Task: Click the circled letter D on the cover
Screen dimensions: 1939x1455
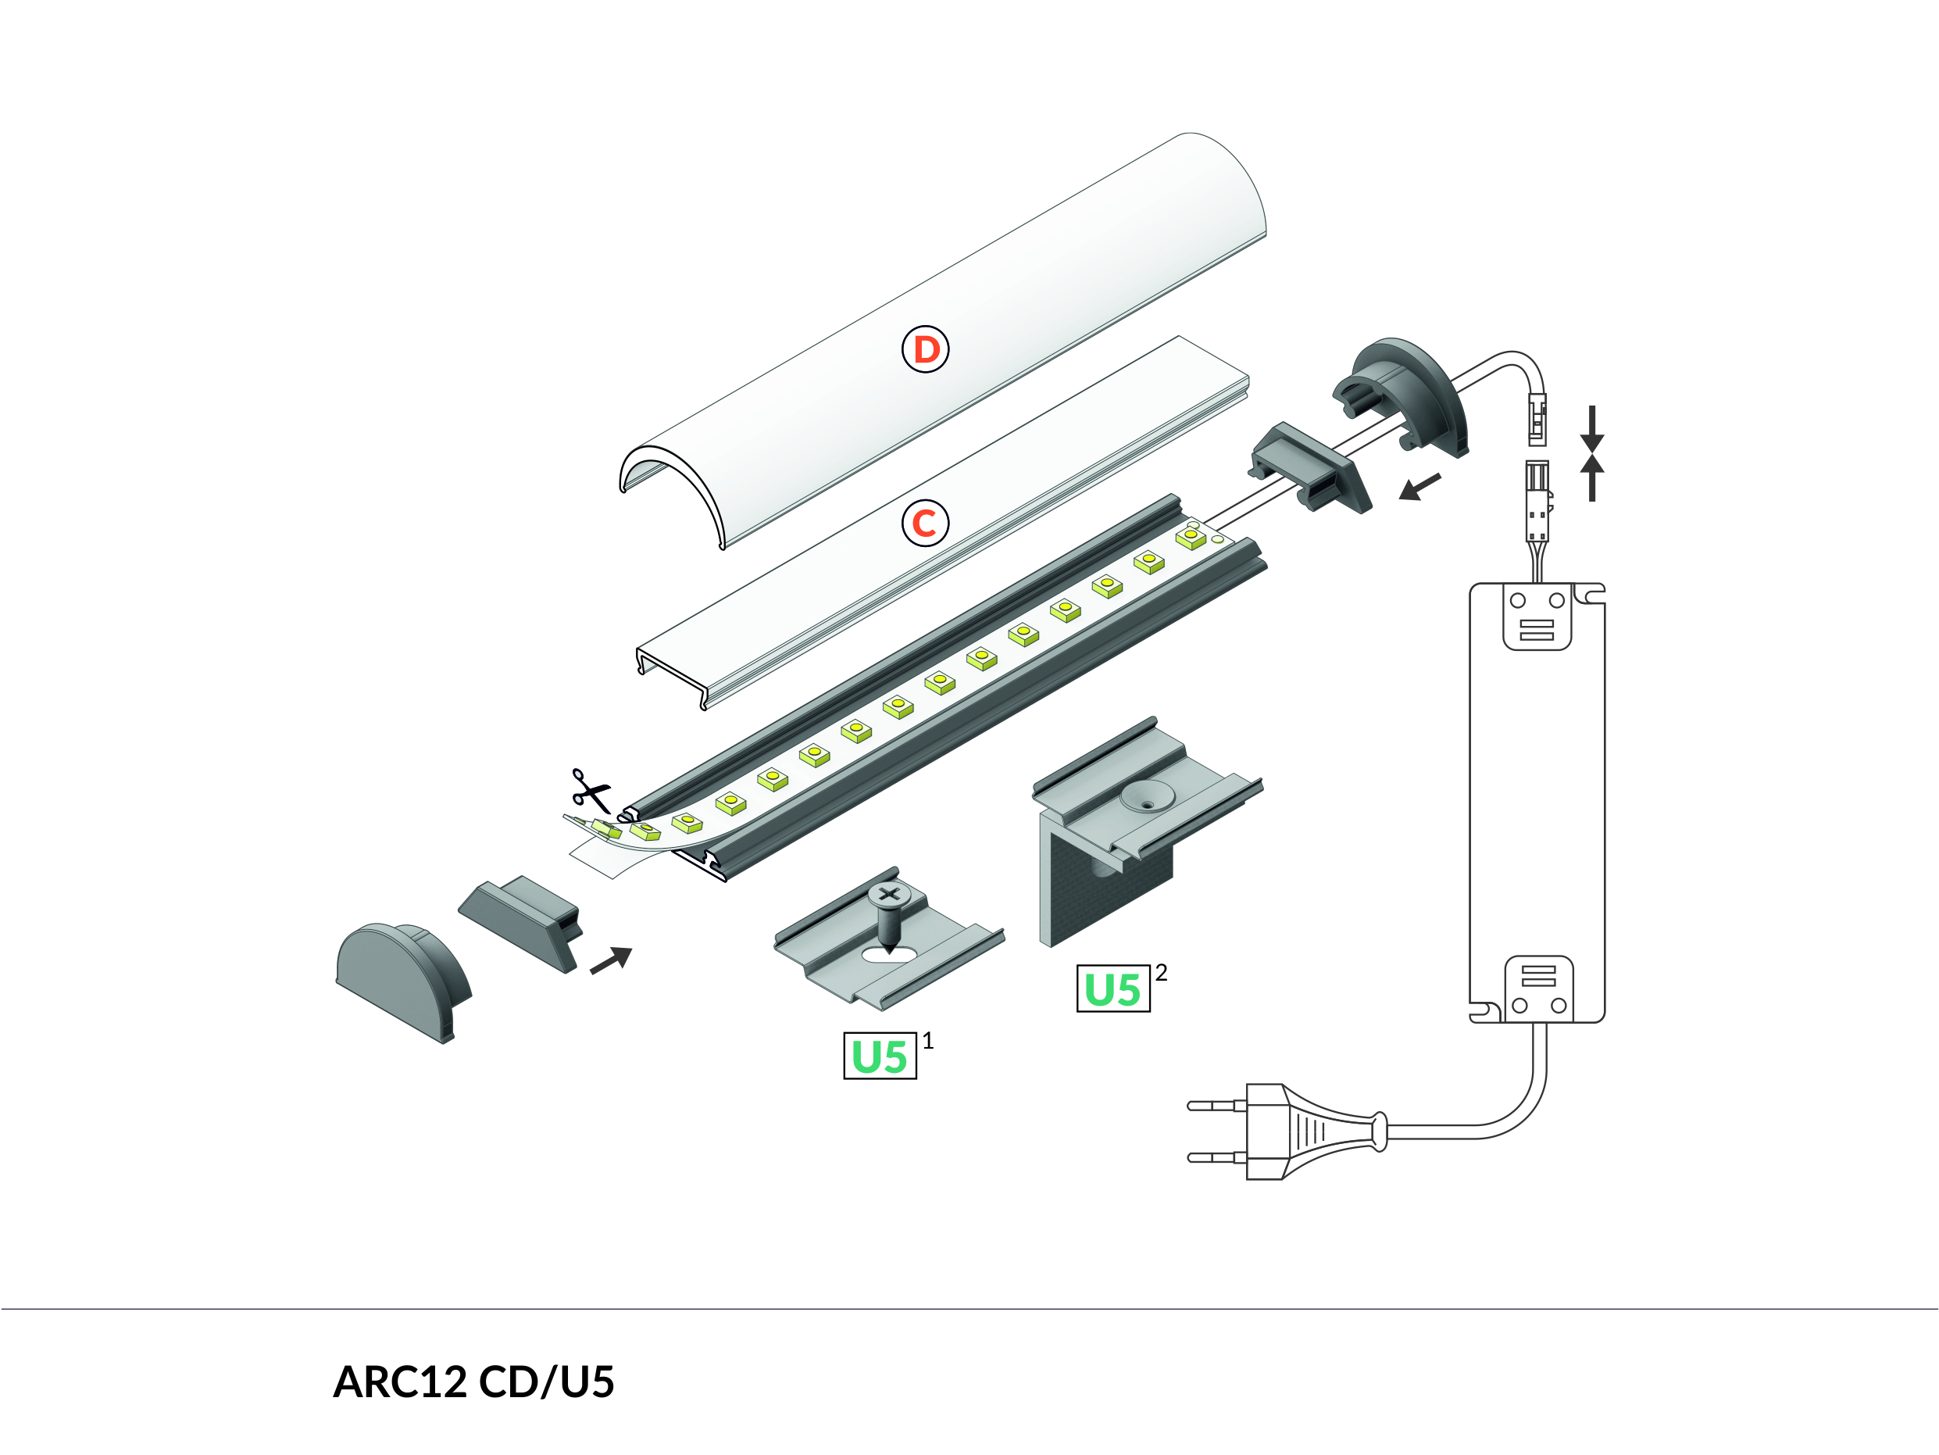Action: pyautogui.click(x=925, y=349)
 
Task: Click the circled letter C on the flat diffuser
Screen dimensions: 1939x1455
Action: pyautogui.click(x=925, y=523)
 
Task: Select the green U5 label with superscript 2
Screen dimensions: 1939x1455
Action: pyautogui.click(x=1112, y=988)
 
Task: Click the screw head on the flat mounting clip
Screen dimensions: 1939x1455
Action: pyautogui.click(x=889, y=896)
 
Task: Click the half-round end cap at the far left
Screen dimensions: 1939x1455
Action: pyautogui.click(x=403, y=981)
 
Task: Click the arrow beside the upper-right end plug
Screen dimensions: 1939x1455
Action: pyautogui.click(x=1419, y=487)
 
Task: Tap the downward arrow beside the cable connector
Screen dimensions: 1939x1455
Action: pyautogui.click(x=1592, y=428)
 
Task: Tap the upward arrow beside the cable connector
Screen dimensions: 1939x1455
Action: pyautogui.click(x=1592, y=478)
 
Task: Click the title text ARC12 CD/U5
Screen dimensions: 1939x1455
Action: pyautogui.click(x=473, y=1382)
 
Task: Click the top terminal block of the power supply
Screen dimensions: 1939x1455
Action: pyautogui.click(x=1537, y=617)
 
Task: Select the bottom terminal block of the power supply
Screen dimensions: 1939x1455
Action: pyautogui.click(x=1538, y=989)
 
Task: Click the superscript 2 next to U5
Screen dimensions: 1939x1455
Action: pyautogui.click(x=1161, y=972)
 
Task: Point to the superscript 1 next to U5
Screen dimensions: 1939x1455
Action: pyautogui.click(x=927, y=1040)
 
